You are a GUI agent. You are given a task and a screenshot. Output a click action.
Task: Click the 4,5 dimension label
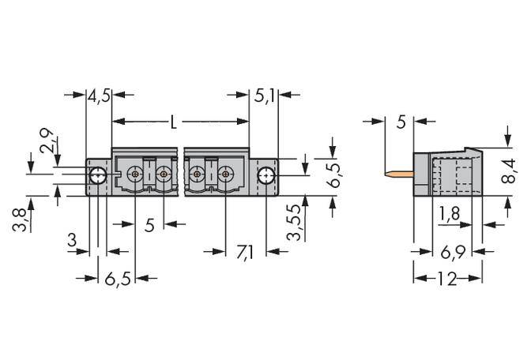point(99,98)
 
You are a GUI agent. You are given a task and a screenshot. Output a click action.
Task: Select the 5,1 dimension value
point(264,98)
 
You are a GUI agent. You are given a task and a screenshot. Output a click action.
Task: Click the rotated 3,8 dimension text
point(18,217)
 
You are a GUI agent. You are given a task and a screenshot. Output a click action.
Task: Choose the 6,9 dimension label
point(450,252)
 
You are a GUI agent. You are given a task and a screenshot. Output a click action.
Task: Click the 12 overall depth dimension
point(447,279)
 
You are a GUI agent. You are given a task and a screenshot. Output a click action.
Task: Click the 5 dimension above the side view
point(401,122)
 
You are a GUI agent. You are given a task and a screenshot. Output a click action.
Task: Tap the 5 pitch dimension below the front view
point(149,226)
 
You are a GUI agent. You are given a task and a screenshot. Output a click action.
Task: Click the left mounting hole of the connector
point(97,174)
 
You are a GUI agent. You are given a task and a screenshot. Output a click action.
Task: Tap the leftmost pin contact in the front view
point(136,174)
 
